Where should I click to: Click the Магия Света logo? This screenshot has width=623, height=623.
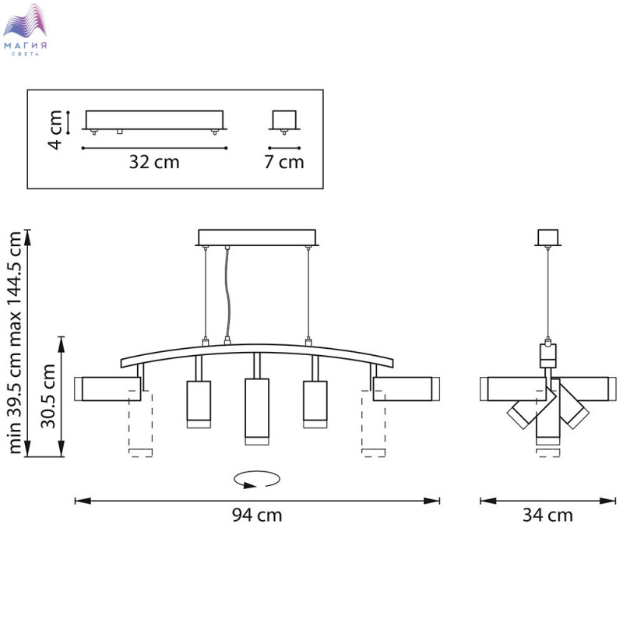pyautogui.click(x=25, y=30)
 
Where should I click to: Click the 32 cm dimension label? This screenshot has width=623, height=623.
pyautogui.click(x=154, y=162)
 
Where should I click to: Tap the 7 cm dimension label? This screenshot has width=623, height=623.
pyautogui.click(x=284, y=162)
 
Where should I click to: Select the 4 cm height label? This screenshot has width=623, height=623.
pyautogui.click(x=55, y=130)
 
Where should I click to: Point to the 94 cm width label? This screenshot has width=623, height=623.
pyautogui.click(x=257, y=516)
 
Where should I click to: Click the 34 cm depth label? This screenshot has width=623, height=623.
pyautogui.click(x=547, y=516)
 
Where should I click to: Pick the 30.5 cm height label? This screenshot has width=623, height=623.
pyautogui.click(x=48, y=396)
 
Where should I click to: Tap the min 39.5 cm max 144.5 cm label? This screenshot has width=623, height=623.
pyautogui.click(x=15, y=343)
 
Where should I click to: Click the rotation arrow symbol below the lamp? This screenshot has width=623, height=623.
pyautogui.click(x=257, y=480)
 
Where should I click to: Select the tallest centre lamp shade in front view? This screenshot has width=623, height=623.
pyautogui.click(x=257, y=412)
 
